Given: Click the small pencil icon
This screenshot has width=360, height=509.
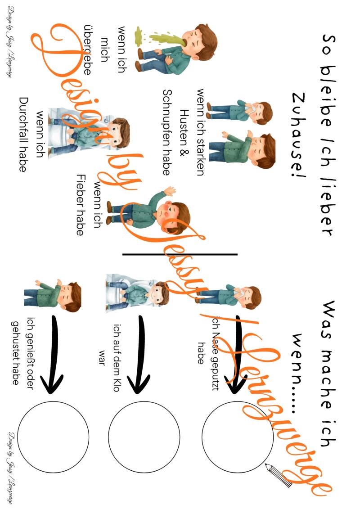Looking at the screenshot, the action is (x=279, y=475).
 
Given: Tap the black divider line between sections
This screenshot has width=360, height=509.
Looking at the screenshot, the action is (x=180, y=254).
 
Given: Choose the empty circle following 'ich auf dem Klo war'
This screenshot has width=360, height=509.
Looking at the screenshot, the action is (x=144, y=437).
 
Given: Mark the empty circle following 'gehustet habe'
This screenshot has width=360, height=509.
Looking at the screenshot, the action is (x=53, y=437).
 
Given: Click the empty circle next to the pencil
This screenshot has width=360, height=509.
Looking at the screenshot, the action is (x=237, y=437).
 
